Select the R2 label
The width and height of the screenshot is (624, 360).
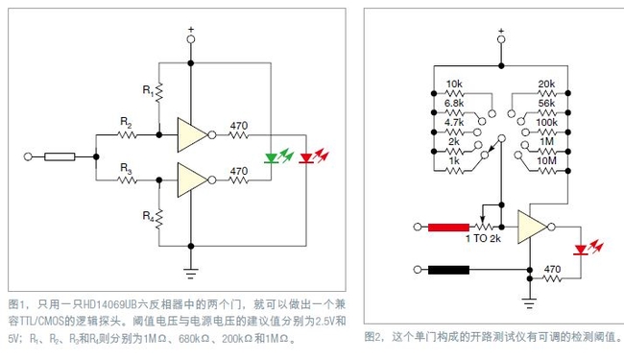coord(126,121)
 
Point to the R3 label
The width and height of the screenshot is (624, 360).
coord(126,166)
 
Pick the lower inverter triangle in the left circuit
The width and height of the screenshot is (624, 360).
coord(192,179)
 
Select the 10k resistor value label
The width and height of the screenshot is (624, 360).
coord(456,84)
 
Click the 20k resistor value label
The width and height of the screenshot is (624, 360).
coord(546,84)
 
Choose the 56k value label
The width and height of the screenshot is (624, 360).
coord(546,102)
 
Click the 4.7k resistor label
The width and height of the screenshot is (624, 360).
coord(455,123)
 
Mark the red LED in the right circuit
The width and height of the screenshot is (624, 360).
coord(580,250)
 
